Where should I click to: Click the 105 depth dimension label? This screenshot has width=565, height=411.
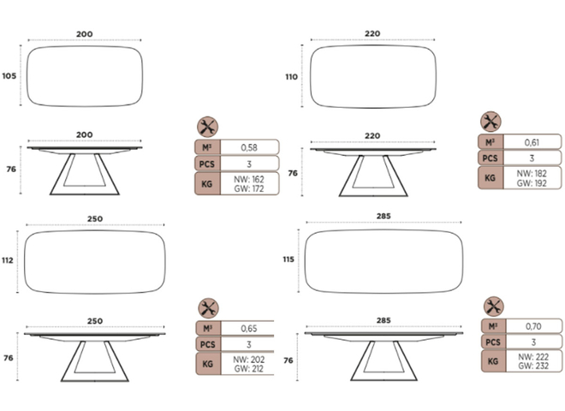coord(9,76)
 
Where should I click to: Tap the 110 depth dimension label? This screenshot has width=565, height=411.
coord(292,77)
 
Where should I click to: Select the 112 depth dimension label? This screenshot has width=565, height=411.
coord(8,260)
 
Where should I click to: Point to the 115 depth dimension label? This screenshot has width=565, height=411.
coord(288,259)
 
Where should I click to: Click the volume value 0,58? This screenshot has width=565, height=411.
coord(249,147)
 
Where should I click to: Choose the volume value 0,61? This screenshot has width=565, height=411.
coord(532,142)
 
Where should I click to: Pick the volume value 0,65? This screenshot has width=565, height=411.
coord(249,329)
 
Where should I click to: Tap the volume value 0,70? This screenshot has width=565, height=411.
coord(533,326)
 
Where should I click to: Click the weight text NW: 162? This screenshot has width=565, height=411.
coord(249,179)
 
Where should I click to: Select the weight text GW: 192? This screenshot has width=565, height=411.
coord(532,183)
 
